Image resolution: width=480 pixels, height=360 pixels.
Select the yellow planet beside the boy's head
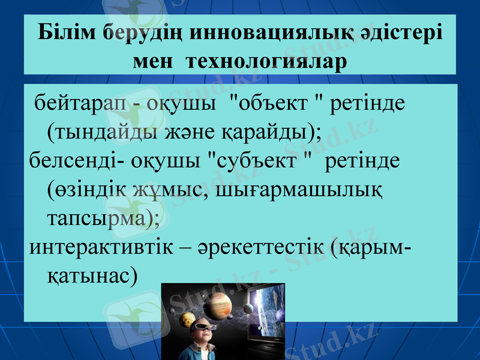(188, 319)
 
